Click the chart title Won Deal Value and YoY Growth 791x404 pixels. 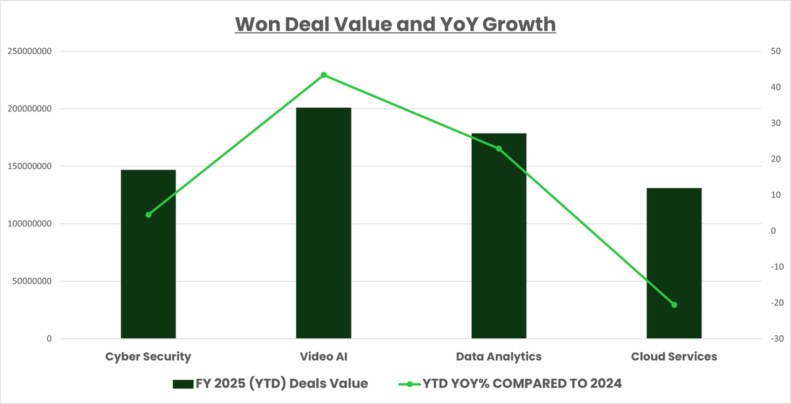tap(395, 24)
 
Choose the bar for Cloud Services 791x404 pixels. tap(674, 263)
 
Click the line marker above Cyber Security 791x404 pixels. tap(148, 215)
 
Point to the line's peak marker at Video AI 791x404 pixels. tap(323, 75)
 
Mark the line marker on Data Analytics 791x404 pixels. tap(499, 148)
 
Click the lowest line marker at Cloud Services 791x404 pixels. tap(674, 304)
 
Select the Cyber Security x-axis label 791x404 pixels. tap(148, 356)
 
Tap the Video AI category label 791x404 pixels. tap(323, 356)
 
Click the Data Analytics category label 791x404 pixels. tap(499, 356)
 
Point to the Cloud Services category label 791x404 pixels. tap(674, 356)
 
